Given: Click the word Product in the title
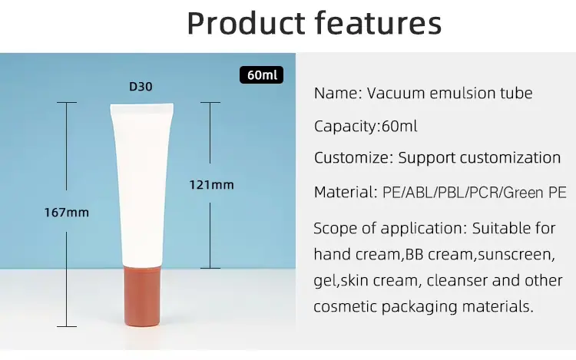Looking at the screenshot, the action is point(246,24).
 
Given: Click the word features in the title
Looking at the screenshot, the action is point(378,23).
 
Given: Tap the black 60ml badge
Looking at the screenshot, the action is point(262,75).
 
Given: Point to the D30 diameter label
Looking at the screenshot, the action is point(141,87).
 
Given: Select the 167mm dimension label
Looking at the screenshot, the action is point(67,212).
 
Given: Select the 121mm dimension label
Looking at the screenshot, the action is point(211,184).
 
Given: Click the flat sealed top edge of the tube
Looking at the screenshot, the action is point(142,104).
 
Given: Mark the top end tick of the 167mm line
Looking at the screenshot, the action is point(67,102).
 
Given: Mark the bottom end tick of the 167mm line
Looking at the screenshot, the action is point(67,326).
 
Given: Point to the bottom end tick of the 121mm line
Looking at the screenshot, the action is point(210,268).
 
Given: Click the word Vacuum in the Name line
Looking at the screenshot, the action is point(396,93).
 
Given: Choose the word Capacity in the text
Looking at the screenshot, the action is point(346,127).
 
